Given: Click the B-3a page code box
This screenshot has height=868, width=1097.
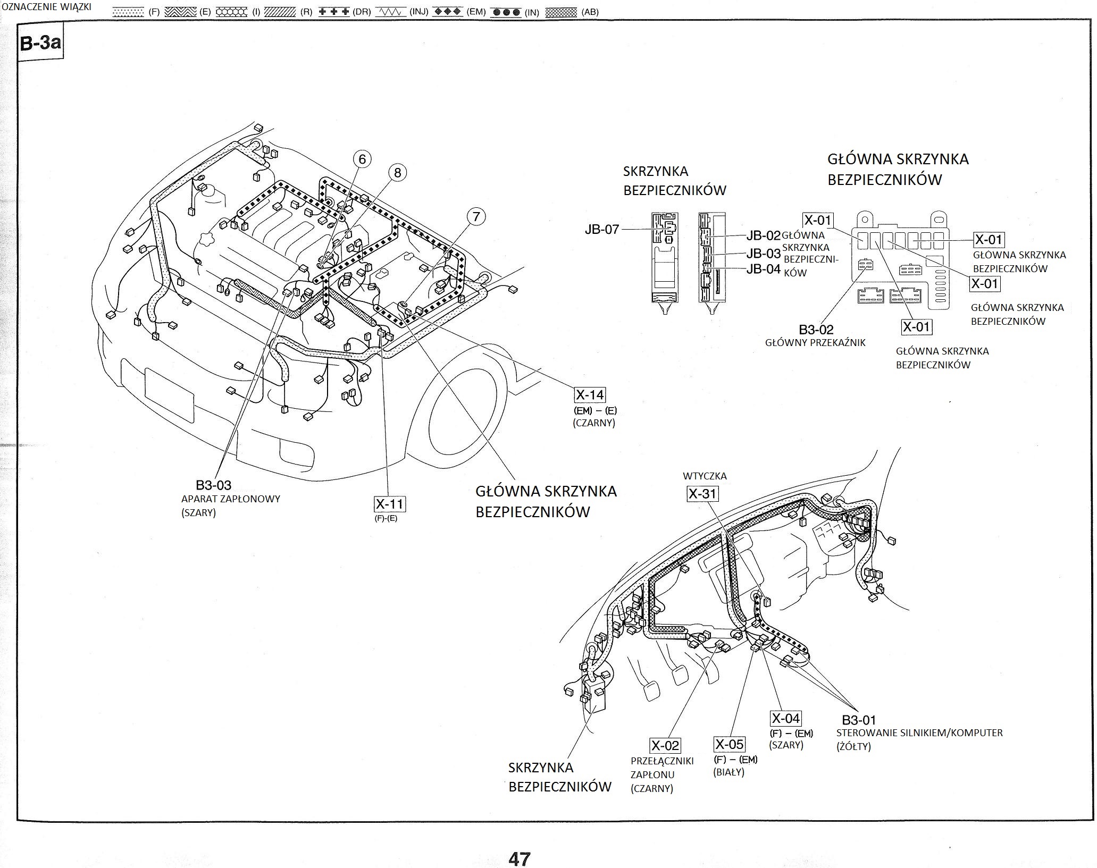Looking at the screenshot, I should click(40, 43).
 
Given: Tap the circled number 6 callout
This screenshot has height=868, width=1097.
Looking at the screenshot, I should click(362, 158).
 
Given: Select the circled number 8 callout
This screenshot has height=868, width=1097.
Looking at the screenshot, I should click(397, 172).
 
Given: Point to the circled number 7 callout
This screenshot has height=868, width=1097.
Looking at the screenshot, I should click(476, 216).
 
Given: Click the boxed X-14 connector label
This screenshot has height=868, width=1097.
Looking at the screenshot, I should click(590, 394).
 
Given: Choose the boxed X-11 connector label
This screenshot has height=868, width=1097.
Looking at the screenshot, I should click(390, 504).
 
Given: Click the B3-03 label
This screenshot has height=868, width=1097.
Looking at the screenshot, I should click(213, 485).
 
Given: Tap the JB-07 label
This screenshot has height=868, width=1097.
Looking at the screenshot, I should click(602, 230).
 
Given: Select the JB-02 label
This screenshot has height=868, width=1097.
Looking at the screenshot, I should click(763, 235).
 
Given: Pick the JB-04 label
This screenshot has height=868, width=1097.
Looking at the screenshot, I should click(763, 269).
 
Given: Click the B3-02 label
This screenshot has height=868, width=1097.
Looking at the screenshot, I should click(816, 330).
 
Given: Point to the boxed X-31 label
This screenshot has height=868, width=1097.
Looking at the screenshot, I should click(702, 494).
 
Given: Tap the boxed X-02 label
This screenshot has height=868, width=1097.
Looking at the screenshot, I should click(665, 745).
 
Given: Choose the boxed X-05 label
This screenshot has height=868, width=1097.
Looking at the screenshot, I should click(729, 744).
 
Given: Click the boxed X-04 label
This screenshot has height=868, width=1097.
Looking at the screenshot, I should click(785, 719).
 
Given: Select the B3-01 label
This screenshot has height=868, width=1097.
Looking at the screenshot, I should click(859, 720).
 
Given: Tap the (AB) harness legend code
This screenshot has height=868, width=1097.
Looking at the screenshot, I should click(590, 12).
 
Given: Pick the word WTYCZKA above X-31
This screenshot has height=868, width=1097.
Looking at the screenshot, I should click(705, 476).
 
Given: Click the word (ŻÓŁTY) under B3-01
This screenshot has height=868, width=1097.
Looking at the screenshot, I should click(853, 746).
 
